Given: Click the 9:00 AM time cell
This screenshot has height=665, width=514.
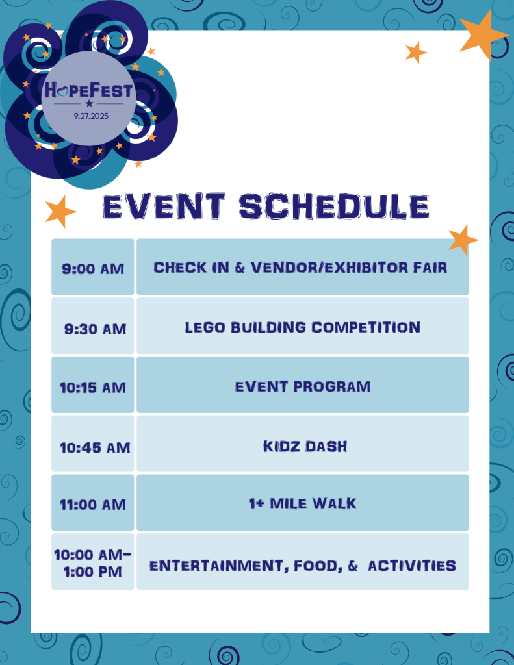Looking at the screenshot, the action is [x=92, y=267].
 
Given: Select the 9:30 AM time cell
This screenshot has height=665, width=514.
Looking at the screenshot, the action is [x=92, y=326].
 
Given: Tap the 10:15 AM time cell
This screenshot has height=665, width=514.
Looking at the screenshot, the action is [x=92, y=384].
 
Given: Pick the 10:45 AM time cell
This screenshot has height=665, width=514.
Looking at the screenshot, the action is [x=92, y=444].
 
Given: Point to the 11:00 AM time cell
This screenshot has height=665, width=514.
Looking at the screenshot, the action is [x=92, y=503].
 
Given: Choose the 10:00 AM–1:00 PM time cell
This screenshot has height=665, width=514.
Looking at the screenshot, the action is [x=92, y=562].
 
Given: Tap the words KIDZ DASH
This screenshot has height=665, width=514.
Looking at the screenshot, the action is [x=305, y=446].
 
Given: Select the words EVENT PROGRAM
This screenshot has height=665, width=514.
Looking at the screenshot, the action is [x=303, y=386].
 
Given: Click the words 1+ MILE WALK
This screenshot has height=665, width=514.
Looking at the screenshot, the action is [x=303, y=503].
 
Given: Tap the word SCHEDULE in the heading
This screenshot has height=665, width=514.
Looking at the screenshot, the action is [x=334, y=207].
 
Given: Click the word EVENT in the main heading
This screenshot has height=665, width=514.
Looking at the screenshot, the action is [x=164, y=207].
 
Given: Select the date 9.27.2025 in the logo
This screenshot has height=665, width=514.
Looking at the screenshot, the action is [x=91, y=116].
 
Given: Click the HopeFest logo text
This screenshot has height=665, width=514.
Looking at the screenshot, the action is [x=89, y=90].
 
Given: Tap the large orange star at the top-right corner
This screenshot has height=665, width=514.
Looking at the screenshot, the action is [x=484, y=35].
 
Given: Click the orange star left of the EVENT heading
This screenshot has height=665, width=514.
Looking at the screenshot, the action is [x=60, y=211].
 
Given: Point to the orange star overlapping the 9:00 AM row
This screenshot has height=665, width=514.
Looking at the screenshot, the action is [x=463, y=240].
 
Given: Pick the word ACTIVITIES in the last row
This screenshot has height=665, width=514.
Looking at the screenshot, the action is [x=412, y=566].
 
